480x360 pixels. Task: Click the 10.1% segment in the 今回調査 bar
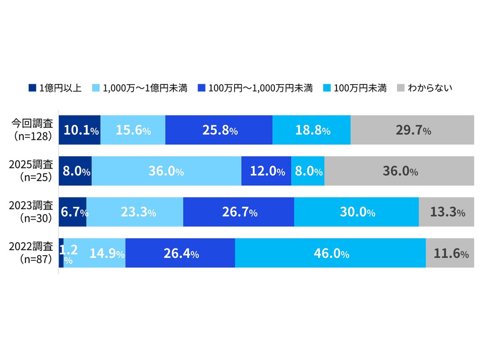[80, 130]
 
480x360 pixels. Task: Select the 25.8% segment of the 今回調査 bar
[218, 130]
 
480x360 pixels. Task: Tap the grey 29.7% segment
[413, 130]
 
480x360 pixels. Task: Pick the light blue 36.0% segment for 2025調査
[166, 171]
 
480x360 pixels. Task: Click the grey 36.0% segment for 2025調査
[400, 171]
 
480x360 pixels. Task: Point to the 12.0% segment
[266, 171]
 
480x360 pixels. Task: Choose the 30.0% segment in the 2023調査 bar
[356, 212]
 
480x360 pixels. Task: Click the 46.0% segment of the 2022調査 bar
[330, 253]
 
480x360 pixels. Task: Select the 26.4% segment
[180, 253]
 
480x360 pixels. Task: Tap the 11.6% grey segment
[451, 253]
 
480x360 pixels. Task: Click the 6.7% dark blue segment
[73, 212]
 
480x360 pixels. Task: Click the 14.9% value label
[107, 254]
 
